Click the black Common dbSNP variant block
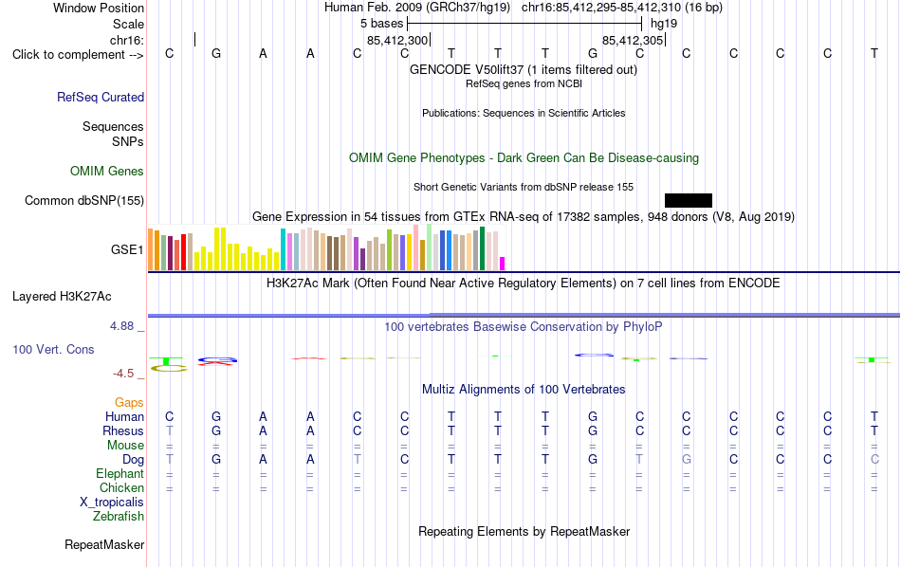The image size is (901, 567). click(689, 200)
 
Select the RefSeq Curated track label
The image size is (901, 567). click(101, 97)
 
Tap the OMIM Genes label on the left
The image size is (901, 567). click(107, 172)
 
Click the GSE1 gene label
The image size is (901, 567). click(127, 249)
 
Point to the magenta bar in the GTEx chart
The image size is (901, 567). click(503, 264)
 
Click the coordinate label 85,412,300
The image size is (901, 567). click(397, 40)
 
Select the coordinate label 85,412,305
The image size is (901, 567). click(633, 40)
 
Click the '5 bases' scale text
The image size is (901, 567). click(381, 24)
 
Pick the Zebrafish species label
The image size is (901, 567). click(119, 516)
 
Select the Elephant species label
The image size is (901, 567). click(120, 473)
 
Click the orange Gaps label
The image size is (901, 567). click(129, 402)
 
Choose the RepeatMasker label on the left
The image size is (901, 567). click(104, 544)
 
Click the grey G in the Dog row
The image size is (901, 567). click(686, 459)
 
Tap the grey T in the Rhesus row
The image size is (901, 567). click(169, 430)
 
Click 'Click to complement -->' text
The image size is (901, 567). click(78, 55)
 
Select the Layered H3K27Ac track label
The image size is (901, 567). click(62, 297)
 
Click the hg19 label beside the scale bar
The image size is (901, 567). click(664, 24)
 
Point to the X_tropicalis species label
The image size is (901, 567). click(112, 503)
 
